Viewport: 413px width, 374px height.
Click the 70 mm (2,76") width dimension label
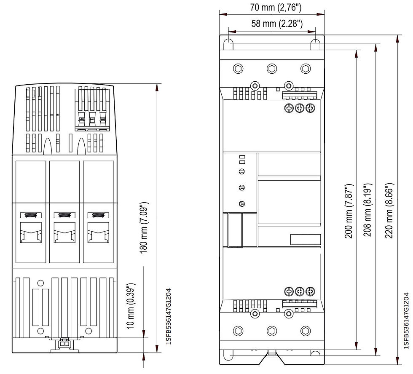(276, 7)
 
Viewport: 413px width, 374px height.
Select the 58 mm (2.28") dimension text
(277, 24)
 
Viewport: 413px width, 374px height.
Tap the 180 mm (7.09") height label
(144, 228)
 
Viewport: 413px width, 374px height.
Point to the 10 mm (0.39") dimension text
(131, 306)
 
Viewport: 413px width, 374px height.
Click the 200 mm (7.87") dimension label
(349, 211)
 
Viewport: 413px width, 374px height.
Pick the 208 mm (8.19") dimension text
(367, 210)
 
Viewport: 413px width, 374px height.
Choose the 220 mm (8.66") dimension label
(389, 210)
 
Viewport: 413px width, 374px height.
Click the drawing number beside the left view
(169, 316)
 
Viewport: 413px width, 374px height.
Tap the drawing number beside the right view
(406, 321)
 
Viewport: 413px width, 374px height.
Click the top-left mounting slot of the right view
(228, 44)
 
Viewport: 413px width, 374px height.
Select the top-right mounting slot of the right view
(315, 44)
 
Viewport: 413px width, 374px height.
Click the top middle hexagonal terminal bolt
(272, 69)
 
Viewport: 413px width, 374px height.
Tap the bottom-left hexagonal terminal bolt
(239, 331)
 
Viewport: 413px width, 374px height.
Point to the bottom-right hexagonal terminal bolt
(306, 331)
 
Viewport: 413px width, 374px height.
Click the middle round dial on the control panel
(242, 188)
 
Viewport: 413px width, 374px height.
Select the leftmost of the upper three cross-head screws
(289, 108)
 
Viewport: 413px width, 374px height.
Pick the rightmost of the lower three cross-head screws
(310, 291)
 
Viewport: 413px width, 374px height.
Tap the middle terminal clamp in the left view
(64, 228)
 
